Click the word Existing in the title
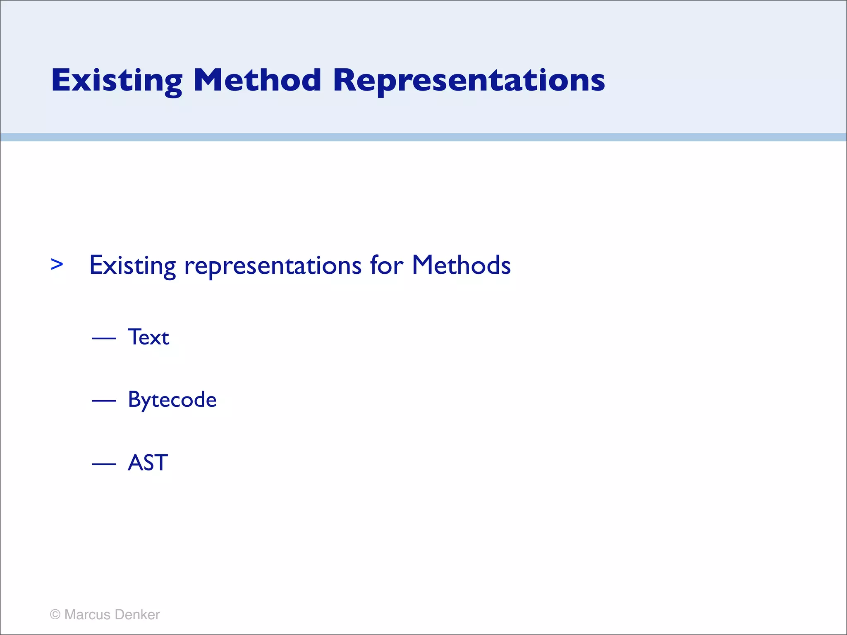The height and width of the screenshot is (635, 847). coord(117,81)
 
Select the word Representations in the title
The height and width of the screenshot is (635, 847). coord(469,81)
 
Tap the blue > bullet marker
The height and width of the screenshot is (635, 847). coord(57,264)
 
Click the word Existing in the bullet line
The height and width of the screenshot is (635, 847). coord(132,265)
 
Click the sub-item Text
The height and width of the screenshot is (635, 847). coord(148,337)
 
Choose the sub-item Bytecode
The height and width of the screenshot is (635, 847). coord(172,400)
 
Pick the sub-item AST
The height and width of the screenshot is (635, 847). coord(148,463)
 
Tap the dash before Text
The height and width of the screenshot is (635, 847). coord(104,339)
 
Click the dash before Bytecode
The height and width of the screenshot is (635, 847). coord(104,401)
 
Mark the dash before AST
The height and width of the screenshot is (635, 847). coord(104,464)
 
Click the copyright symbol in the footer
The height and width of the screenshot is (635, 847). coord(55,615)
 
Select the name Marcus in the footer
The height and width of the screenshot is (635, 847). coord(87,615)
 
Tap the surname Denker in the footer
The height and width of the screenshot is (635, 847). coord(137,615)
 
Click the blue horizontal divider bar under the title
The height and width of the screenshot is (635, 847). coord(423,137)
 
